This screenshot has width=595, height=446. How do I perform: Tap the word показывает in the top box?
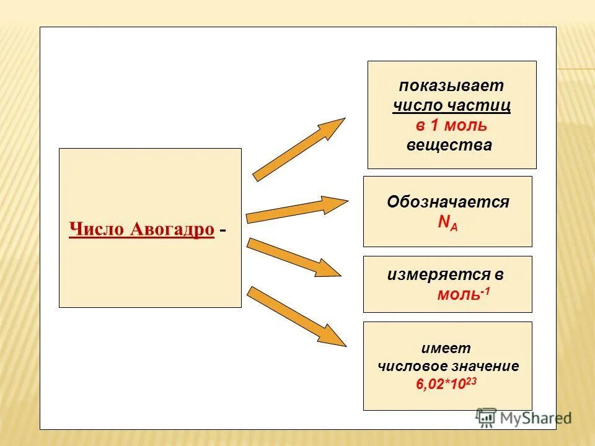451,85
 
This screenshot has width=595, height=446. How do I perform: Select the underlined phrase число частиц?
451,105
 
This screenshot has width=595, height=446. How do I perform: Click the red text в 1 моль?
451,125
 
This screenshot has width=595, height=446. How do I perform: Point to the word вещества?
449,145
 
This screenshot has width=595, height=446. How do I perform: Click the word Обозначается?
447,202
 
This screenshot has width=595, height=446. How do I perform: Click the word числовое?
410,365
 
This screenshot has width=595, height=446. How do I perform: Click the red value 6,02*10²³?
446,383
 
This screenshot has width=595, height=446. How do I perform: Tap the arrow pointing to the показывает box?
299,149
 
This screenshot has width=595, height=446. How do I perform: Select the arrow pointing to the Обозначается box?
297,209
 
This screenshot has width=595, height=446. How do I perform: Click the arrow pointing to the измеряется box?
294,257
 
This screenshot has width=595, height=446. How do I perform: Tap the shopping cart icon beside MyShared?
487,418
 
